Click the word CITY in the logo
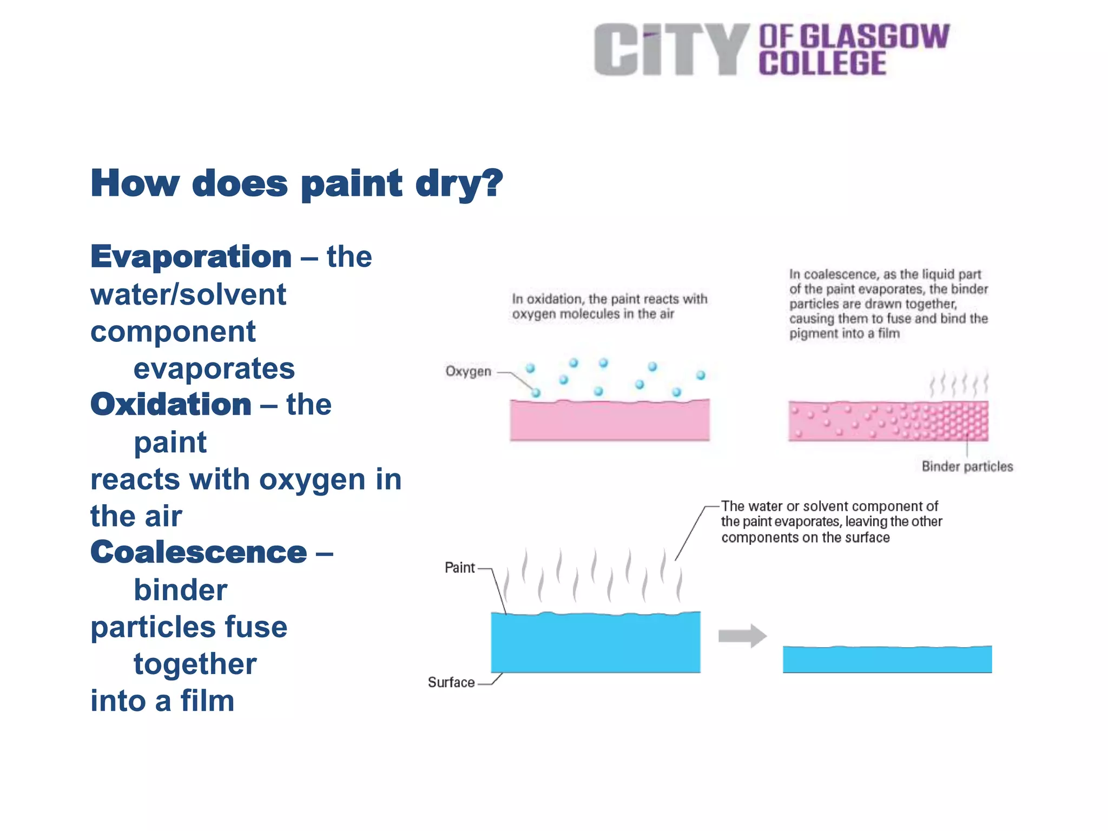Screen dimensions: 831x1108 pyautogui.click(x=671, y=50)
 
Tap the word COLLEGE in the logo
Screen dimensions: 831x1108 pyautogui.click(x=822, y=64)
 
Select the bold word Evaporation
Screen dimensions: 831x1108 pyautogui.click(x=191, y=256)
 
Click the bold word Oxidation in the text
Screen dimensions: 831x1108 pyautogui.click(x=171, y=405)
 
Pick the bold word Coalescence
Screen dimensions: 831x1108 pyautogui.click(x=199, y=552)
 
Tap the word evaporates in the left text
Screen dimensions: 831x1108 pyautogui.click(x=214, y=369)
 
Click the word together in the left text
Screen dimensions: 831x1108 pyautogui.click(x=195, y=664)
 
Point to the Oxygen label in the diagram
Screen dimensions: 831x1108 pyautogui.click(x=468, y=372)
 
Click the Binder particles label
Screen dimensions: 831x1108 pyautogui.click(x=967, y=466)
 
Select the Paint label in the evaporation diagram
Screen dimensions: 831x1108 pyautogui.click(x=459, y=568)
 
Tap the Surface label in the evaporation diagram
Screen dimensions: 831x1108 pyautogui.click(x=451, y=683)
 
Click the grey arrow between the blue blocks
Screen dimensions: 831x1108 pyautogui.click(x=742, y=636)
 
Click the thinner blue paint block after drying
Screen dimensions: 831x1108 pyautogui.click(x=887, y=659)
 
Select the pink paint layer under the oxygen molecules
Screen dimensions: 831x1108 pyautogui.click(x=609, y=420)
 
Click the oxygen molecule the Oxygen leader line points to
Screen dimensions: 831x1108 pyautogui.click(x=536, y=393)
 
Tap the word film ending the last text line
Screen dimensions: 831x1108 pyautogui.click(x=207, y=701)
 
